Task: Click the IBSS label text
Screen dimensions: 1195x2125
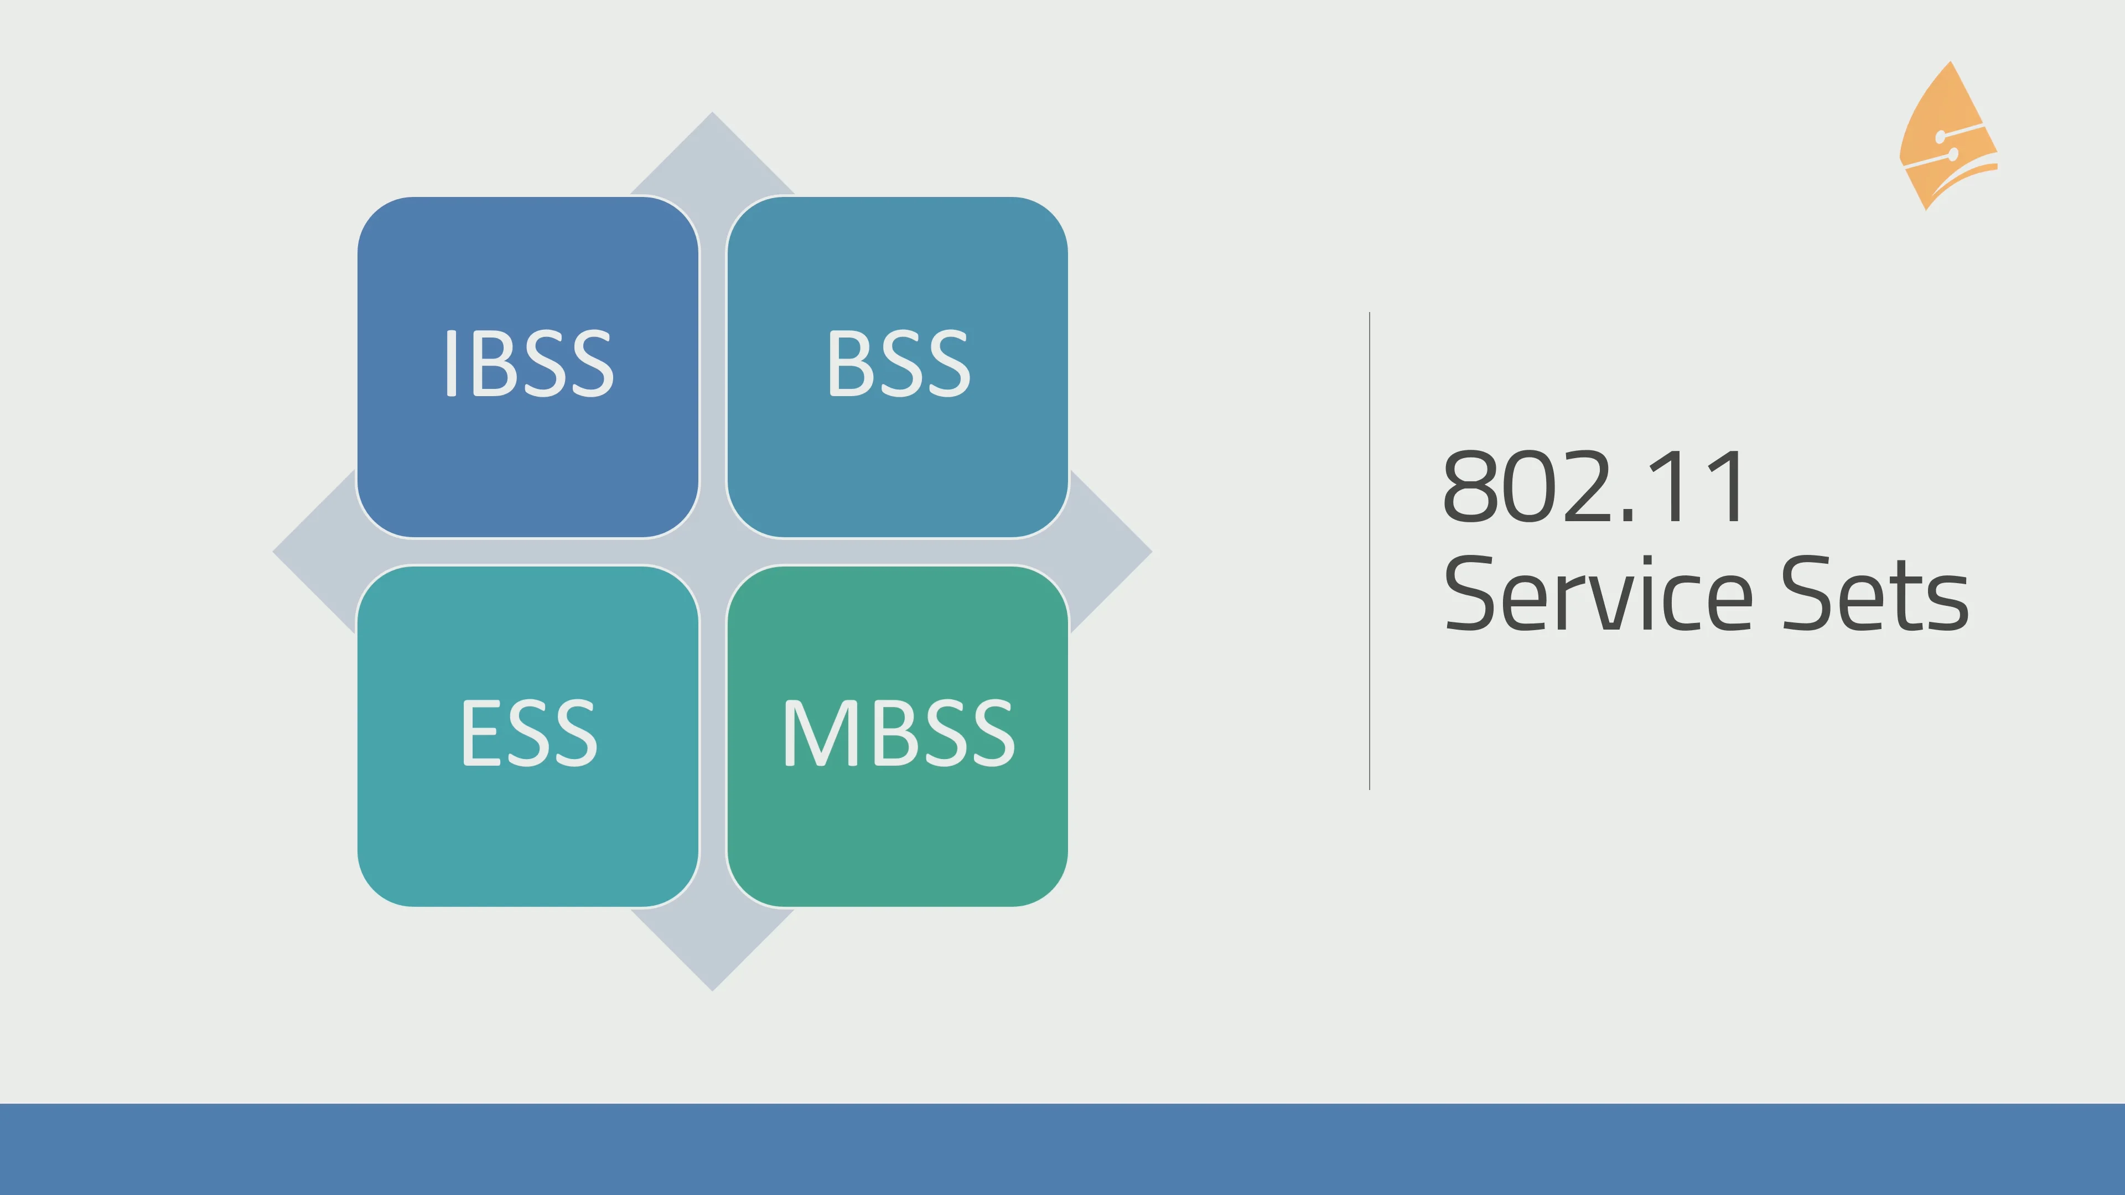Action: pyautogui.click(x=528, y=363)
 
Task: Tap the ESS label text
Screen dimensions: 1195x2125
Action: pyautogui.click(x=528, y=732)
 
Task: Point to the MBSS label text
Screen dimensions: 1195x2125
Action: pyautogui.click(x=898, y=732)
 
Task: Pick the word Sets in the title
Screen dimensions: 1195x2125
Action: pyautogui.click(x=1874, y=594)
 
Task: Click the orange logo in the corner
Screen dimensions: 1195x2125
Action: pyautogui.click(x=1948, y=138)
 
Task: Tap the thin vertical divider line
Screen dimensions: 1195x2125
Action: pyautogui.click(x=1370, y=551)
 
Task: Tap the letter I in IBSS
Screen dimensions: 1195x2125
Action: pyautogui.click(x=450, y=363)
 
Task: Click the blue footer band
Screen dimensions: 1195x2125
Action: pyautogui.click(x=1062, y=1149)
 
